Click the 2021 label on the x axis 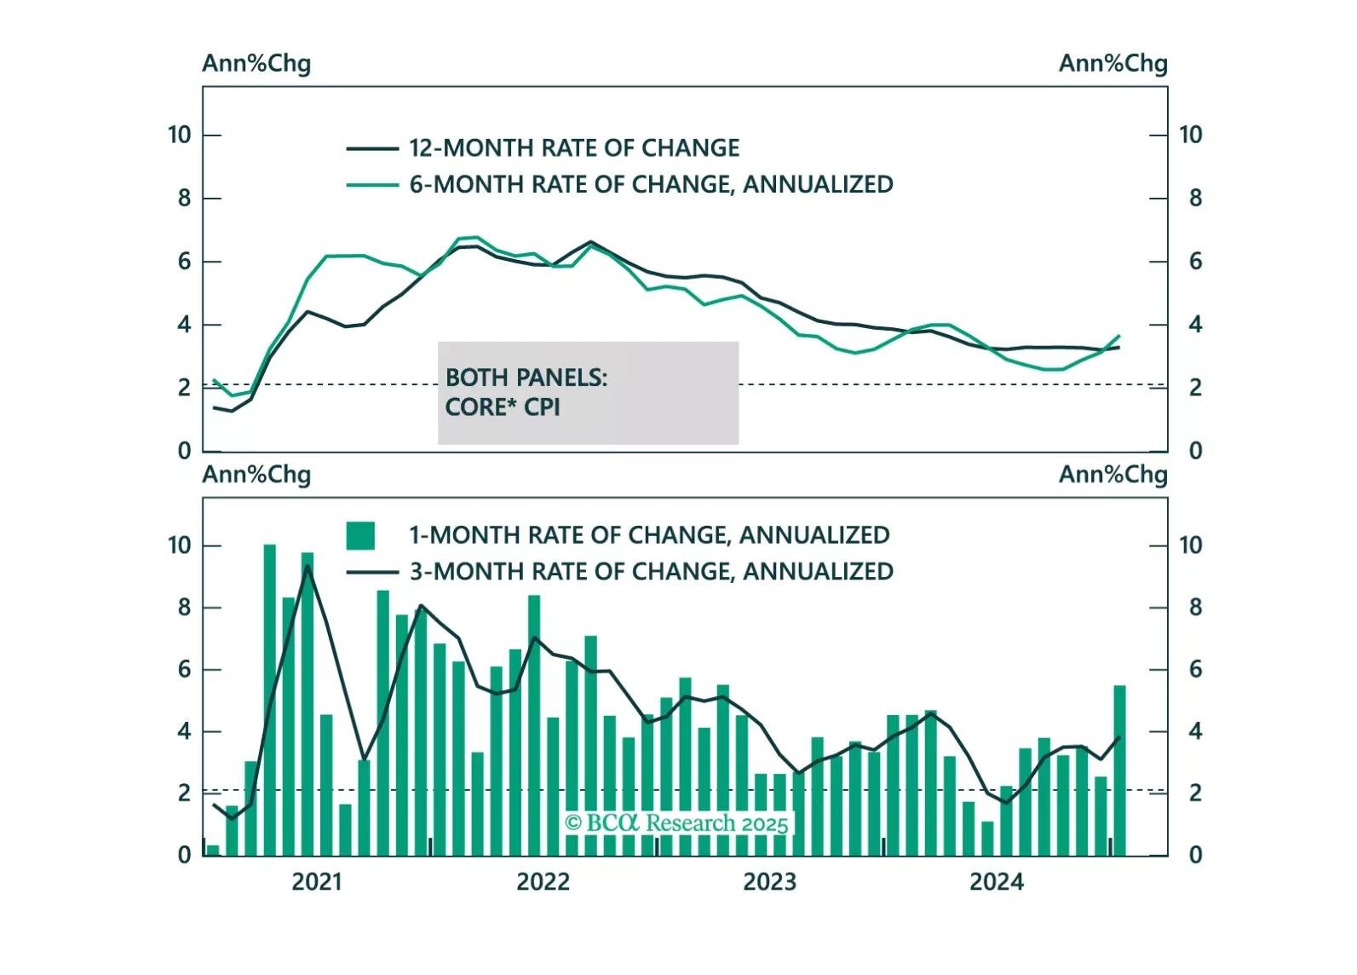316,882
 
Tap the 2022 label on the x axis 543,882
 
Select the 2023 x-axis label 769,882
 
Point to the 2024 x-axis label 996,882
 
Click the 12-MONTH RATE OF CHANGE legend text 574,148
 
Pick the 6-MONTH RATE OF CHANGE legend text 651,185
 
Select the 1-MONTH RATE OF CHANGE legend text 649,535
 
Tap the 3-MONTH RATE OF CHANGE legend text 651,572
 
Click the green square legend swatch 360,535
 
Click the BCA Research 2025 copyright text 677,823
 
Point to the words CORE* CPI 503,407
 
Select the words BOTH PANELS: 526,378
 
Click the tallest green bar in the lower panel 270,699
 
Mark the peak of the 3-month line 308,566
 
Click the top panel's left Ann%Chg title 256,64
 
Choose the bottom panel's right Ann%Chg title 1113,475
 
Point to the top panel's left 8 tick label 184,199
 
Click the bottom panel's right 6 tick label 1195,670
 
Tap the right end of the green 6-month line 1119,336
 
